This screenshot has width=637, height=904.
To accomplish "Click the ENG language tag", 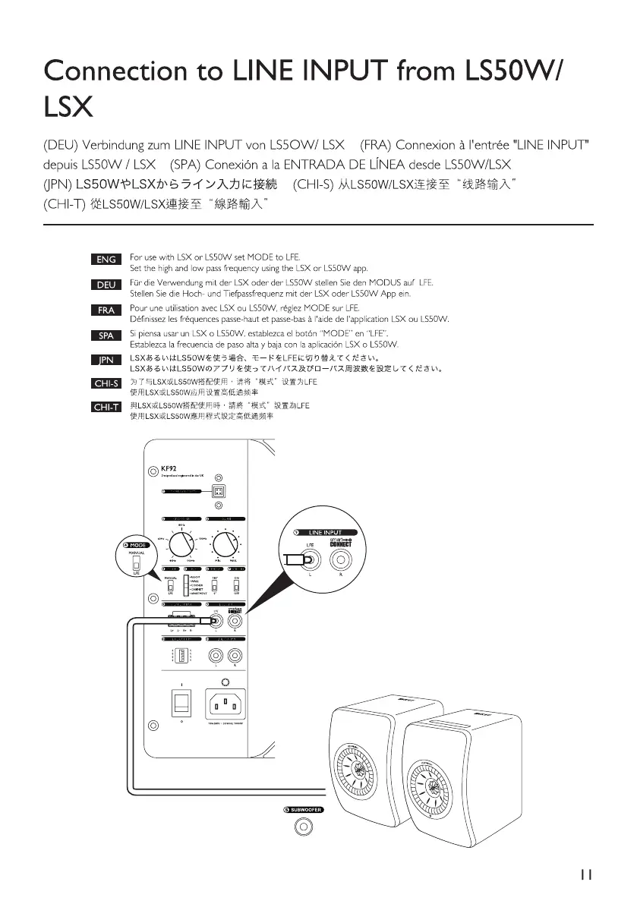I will pyautogui.click(x=106, y=260).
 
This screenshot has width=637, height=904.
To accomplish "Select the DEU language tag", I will pyautogui.click(x=106, y=285).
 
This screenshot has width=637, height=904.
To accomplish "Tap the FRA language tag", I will pyautogui.click(x=106, y=310).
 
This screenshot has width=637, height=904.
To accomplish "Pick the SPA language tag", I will pyautogui.click(x=106, y=335).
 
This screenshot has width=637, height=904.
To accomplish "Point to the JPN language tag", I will pyautogui.click(x=106, y=359).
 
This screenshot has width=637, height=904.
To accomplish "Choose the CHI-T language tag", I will pyautogui.click(x=106, y=408).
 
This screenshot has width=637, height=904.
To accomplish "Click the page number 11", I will pyautogui.click(x=585, y=873).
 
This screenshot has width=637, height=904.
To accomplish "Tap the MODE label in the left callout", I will pyautogui.click(x=134, y=546).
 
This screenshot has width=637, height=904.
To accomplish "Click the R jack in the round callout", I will pyautogui.click(x=339, y=562).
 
